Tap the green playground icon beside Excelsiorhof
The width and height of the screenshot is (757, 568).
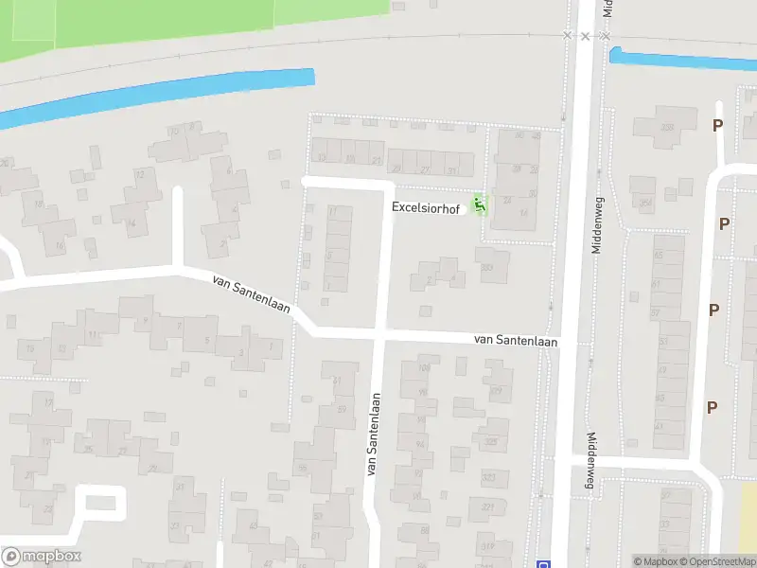(480, 203)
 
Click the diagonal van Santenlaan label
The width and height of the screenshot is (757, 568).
(252, 294)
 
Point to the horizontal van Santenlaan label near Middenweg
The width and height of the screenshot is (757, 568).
(516, 340)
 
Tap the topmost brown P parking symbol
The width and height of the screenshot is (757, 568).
(717, 126)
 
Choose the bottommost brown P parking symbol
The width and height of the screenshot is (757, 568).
(712, 407)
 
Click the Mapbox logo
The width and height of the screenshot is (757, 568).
(41, 557)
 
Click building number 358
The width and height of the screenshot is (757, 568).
(667, 127)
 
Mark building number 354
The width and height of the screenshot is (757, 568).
(646, 204)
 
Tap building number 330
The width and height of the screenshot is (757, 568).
(488, 268)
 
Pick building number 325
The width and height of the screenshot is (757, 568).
(489, 441)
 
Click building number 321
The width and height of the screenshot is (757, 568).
(488, 507)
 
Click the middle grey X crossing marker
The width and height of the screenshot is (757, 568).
(586, 36)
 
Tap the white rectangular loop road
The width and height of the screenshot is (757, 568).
(100, 502)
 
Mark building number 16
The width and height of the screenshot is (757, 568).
(61, 246)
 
